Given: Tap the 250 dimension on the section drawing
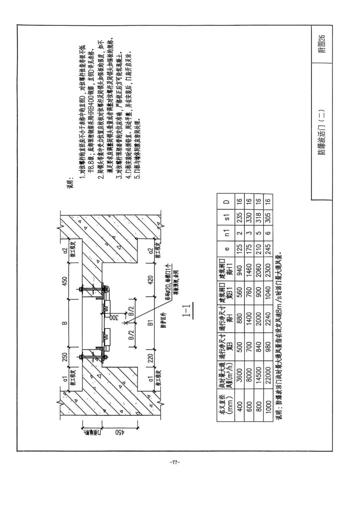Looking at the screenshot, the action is click(65, 357).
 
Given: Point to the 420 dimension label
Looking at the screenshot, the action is click(151, 279).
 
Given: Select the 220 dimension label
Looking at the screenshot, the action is click(151, 358).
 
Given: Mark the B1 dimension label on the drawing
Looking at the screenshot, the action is click(151, 322).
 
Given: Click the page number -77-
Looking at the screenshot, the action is click(175, 462).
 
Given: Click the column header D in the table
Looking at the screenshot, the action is click(226, 202).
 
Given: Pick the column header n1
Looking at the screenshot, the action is click(226, 233).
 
